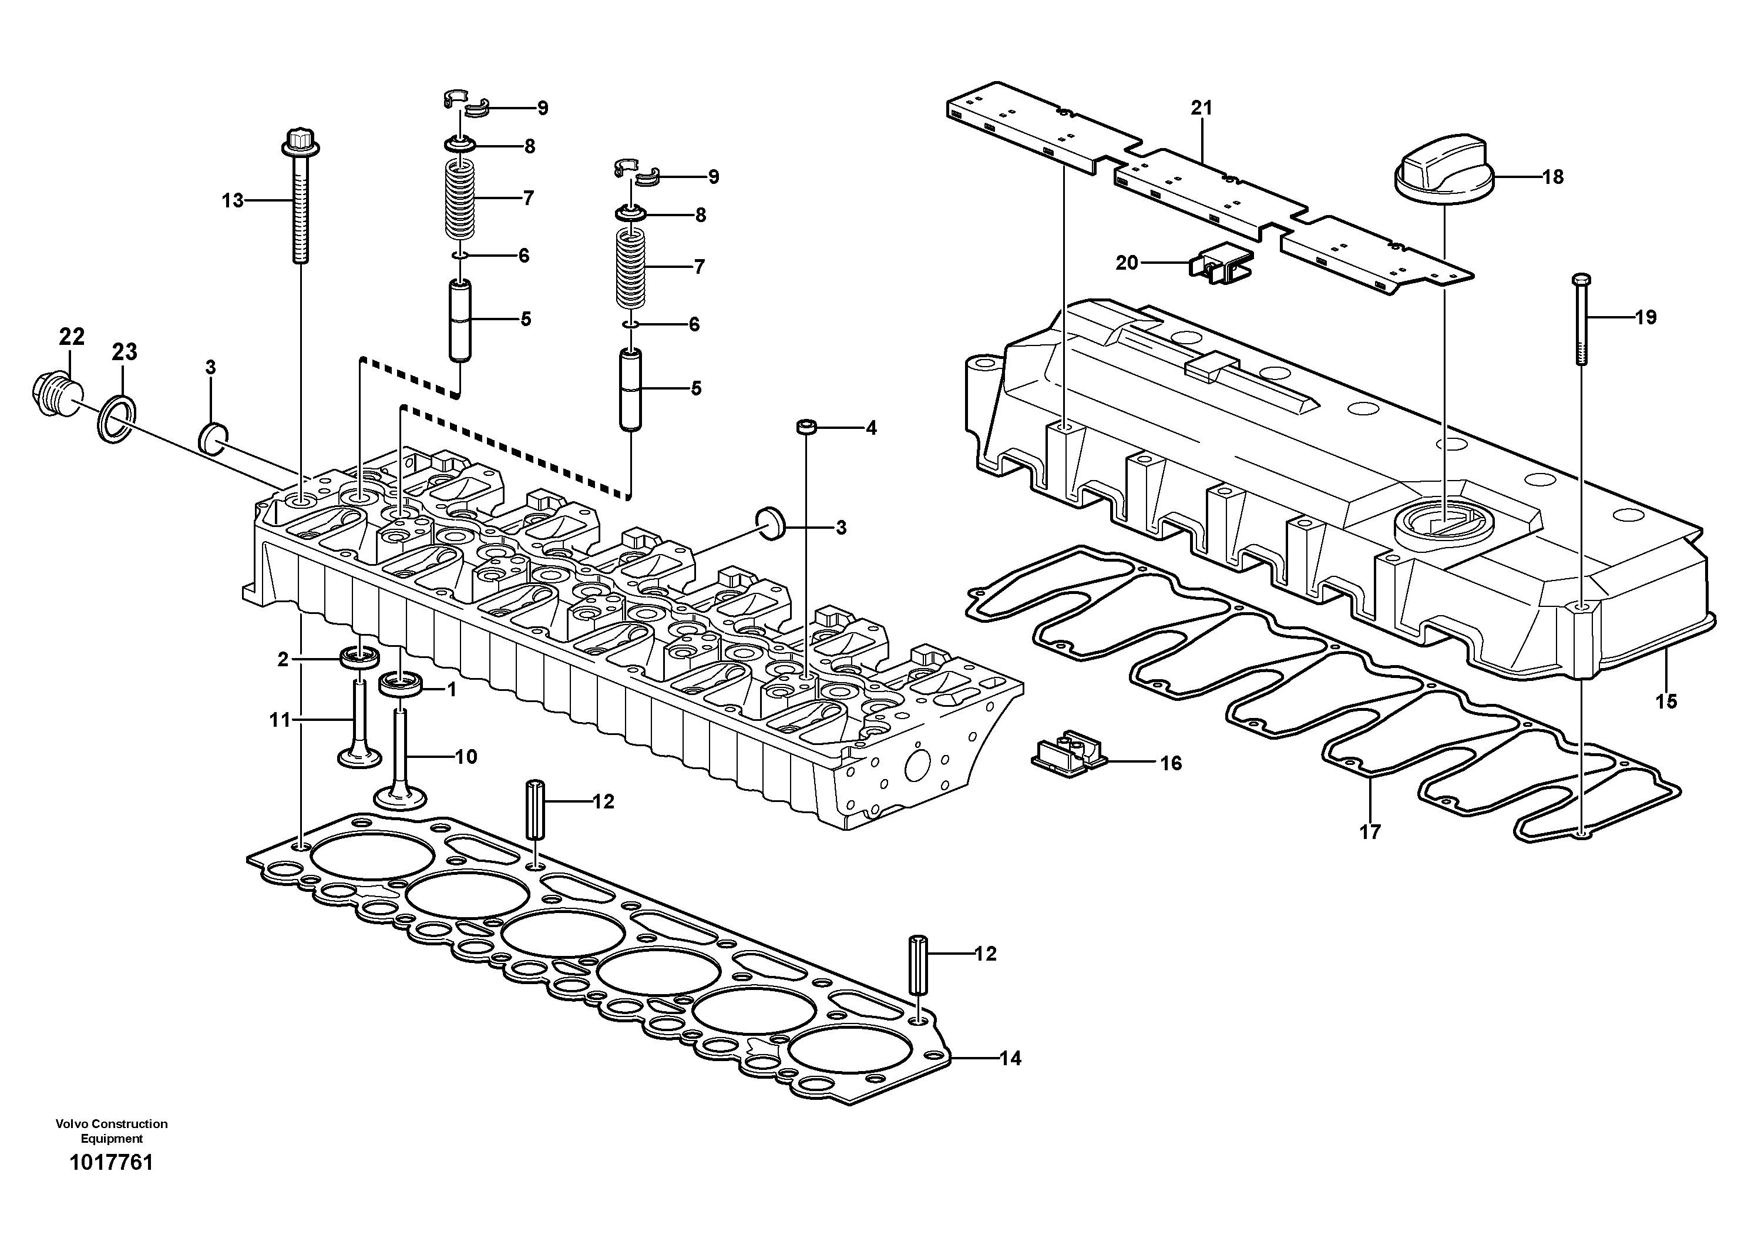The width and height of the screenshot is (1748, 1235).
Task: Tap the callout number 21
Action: [x=1201, y=108]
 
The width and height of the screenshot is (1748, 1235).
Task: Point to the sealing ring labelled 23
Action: [x=116, y=419]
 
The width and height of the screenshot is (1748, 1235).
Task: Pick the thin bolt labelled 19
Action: [x=1581, y=320]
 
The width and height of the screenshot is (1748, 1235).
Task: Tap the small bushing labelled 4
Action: [x=805, y=427]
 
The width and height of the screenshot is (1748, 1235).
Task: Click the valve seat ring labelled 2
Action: [x=359, y=656]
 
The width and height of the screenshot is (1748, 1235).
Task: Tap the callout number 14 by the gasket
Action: [x=1010, y=1058]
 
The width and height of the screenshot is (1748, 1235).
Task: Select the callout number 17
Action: [x=1370, y=832]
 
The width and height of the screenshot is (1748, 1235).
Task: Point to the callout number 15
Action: [x=1666, y=702]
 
